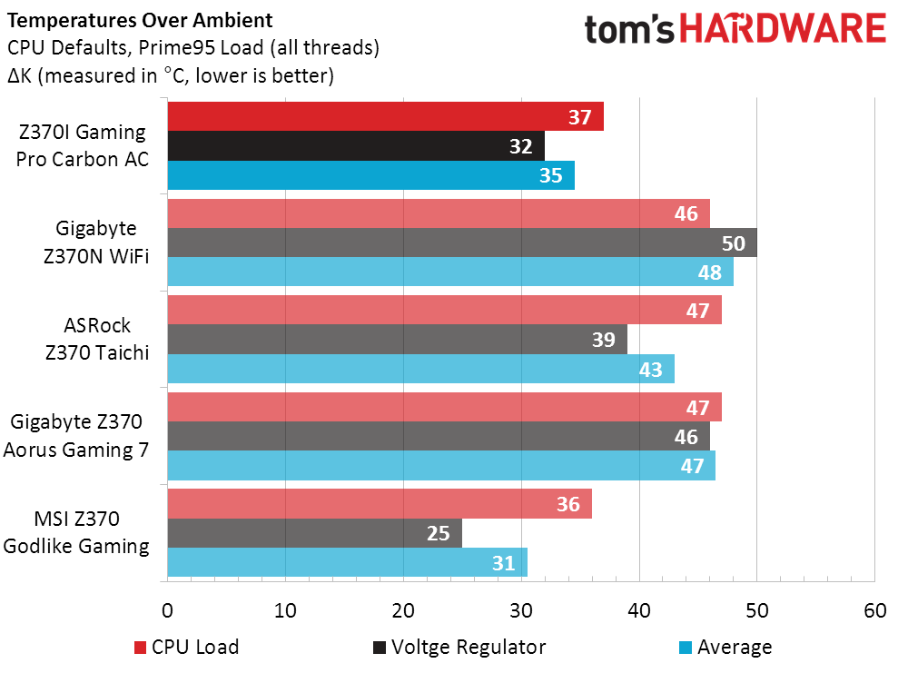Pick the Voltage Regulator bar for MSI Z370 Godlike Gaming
314,533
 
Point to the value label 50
733,243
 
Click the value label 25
439,533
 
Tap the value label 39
604,341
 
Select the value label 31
504,563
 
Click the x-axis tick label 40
639,610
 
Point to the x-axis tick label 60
874,610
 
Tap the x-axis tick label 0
168,610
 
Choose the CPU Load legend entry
186,647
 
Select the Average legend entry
725,647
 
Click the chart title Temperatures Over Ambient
139,18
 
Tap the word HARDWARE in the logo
783,29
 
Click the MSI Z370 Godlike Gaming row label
76,532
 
